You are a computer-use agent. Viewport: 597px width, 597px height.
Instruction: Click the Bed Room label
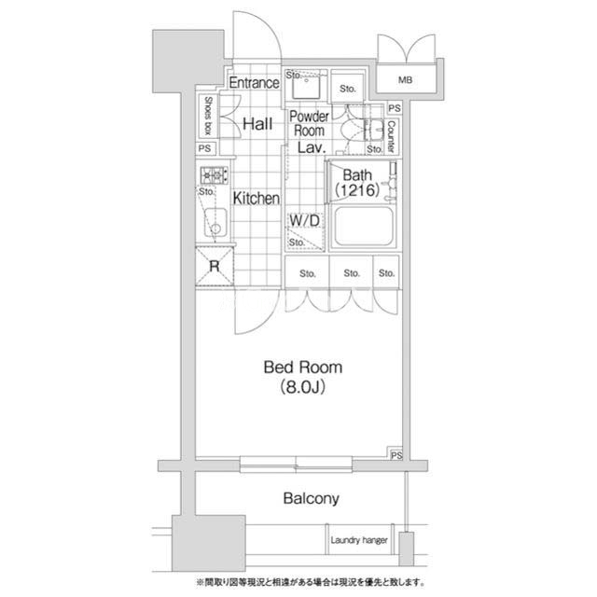pos(302,368)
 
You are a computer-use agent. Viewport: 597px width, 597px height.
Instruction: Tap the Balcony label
pos(311,498)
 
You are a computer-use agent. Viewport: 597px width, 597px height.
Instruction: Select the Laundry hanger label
pos(359,540)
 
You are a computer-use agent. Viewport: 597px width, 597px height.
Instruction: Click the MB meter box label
pos(405,80)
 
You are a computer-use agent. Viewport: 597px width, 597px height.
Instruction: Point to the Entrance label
pos(254,83)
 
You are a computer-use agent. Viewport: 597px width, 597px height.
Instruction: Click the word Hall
pos(257,124)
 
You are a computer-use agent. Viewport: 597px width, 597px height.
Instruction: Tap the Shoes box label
pos(208,116)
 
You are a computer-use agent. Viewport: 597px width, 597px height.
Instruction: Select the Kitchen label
pos(257,199)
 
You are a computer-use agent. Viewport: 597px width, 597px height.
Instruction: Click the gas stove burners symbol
pos(214,175)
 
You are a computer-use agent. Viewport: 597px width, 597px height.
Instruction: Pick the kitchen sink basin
pos(215,222)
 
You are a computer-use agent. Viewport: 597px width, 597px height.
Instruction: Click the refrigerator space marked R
pos(215,266)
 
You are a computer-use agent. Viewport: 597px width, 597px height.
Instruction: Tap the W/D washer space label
pos(305,220)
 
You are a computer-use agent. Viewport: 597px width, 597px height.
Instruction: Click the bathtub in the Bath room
pos(364,227)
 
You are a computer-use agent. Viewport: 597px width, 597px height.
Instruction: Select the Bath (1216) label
pos(357,183)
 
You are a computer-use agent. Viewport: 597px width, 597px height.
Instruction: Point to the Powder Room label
pos(309,123)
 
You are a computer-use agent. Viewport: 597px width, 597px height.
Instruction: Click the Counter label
pos(391,137)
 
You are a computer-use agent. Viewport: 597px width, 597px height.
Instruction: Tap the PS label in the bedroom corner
pos(396,455)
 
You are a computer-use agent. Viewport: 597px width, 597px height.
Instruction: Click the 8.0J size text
pos(302,387)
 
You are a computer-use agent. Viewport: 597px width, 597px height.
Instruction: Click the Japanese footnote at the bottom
pos(311,582)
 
